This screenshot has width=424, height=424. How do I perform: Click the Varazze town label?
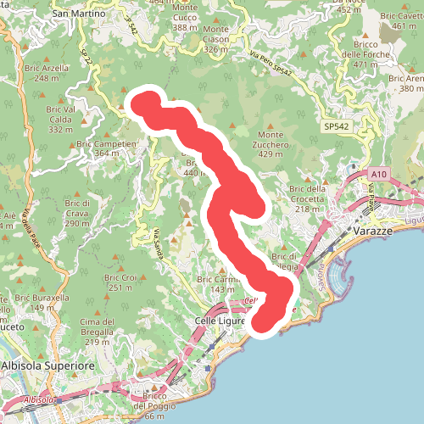(x=374, y=231)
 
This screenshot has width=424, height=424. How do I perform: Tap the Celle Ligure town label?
(x=219, y=321)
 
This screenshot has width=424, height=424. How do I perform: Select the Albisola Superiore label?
(x=47, y=365)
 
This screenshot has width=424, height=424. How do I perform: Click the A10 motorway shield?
(x=378, y=175)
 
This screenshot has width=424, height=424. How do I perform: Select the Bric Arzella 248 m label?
(x=52, y=73)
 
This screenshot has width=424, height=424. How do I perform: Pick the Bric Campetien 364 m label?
(x=106, y=148)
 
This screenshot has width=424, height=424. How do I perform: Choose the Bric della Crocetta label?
(x=306, y=193)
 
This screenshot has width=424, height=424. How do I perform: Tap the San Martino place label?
(x=79, y=14)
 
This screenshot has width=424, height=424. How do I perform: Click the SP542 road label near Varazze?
(x=336, y=126)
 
